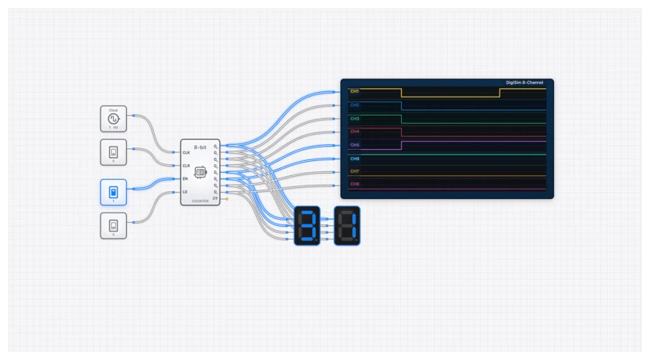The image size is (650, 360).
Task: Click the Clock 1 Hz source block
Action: (x=113, y=119)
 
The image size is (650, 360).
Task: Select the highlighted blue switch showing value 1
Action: (x=113, y=193)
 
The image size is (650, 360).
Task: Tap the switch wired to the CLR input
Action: (x=113, y=151)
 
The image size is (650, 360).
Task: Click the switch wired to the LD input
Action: (x=113, y=225)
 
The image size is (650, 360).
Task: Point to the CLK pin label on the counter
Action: (x=186, y=152)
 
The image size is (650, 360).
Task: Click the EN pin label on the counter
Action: (x=185, y=178)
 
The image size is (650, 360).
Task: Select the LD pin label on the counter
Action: (x=185, y=191)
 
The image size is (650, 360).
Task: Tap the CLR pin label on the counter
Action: (x=186, y=166)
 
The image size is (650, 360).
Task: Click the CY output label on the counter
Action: (x=214, y=198)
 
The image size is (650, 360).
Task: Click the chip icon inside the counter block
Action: (x=200, y=171)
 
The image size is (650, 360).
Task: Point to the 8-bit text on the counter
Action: (x=200, y=147)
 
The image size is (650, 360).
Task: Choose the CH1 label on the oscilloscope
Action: (x=354, y=92)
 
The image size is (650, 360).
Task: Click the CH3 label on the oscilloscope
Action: (x=354, y=118)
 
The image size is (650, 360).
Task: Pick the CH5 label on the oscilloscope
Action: (x=354, y=145)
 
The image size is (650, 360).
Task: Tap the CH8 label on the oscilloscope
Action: (x=354, y=184)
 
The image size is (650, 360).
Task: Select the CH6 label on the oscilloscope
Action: (x=354, y=159)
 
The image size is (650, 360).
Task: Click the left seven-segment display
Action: (x=308, y=226)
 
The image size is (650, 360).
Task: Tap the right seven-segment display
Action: (x=346, y=226)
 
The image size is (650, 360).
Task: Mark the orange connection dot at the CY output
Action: (x=227, y=198)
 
